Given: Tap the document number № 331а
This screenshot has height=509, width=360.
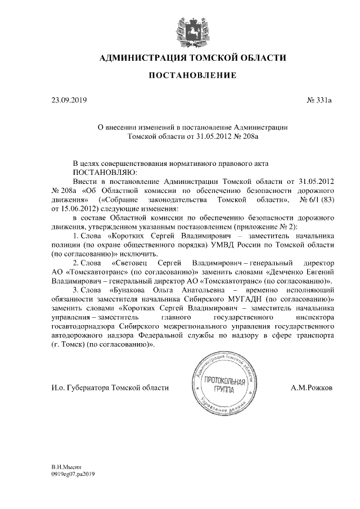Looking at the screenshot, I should [x=319, y=101].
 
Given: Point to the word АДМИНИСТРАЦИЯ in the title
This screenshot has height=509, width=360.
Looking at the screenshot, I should [x=141, y=58].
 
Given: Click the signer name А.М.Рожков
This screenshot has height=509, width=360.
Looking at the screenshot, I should [x=312, y=388].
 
